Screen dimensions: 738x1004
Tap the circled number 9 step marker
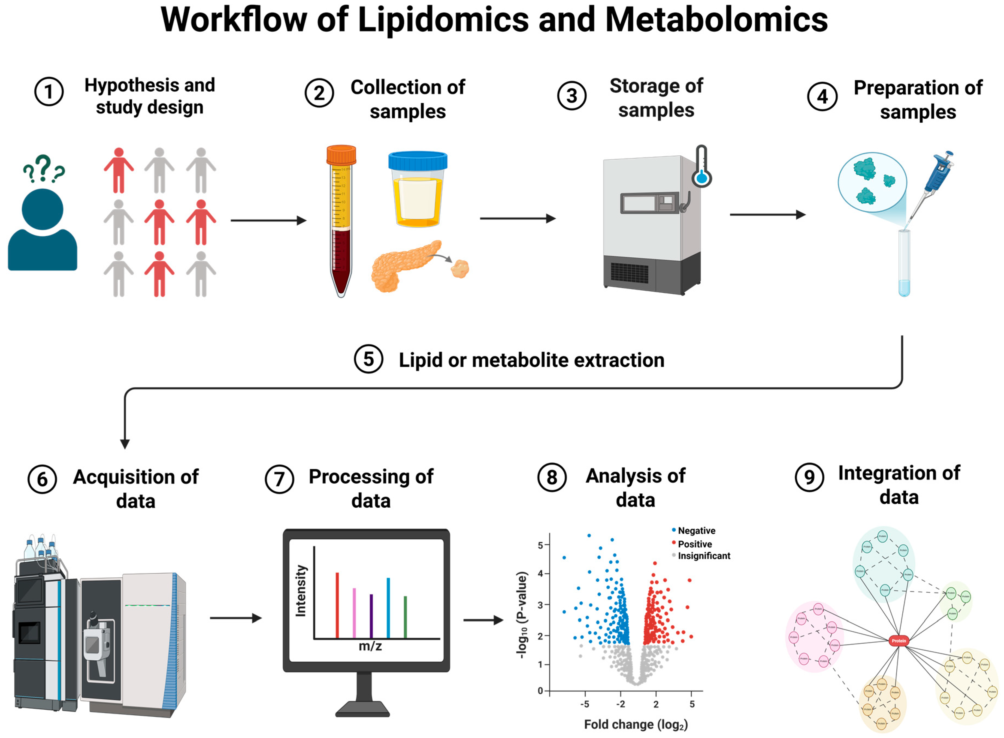click(x=809, y=477)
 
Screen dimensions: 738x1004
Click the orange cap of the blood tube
click(x=341, y=155)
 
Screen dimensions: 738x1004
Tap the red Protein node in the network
click(x=899, y=641)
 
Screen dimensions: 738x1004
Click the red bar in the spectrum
click(x=337, y=605)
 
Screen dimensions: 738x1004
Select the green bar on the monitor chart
click(x=405, y=616)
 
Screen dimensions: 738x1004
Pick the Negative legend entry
click(x=696, y=531)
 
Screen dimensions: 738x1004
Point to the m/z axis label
click(x=370, y=646)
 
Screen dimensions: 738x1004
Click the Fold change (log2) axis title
click(x=636, y=725)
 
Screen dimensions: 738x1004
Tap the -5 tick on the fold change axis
click(x=585, y=704)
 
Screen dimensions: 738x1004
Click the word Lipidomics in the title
click(x=443, y=20)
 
